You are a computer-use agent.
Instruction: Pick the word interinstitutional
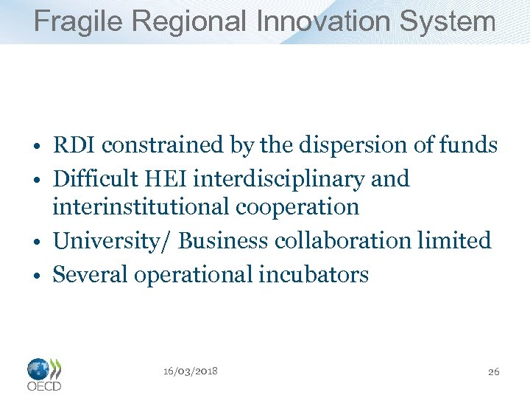pos(141,207)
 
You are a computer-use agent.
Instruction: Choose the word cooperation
pos(297,207)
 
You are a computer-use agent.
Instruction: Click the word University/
pos(112,241)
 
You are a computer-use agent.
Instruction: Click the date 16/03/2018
pos(190,371)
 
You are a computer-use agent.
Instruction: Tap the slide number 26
pos(493,371)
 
